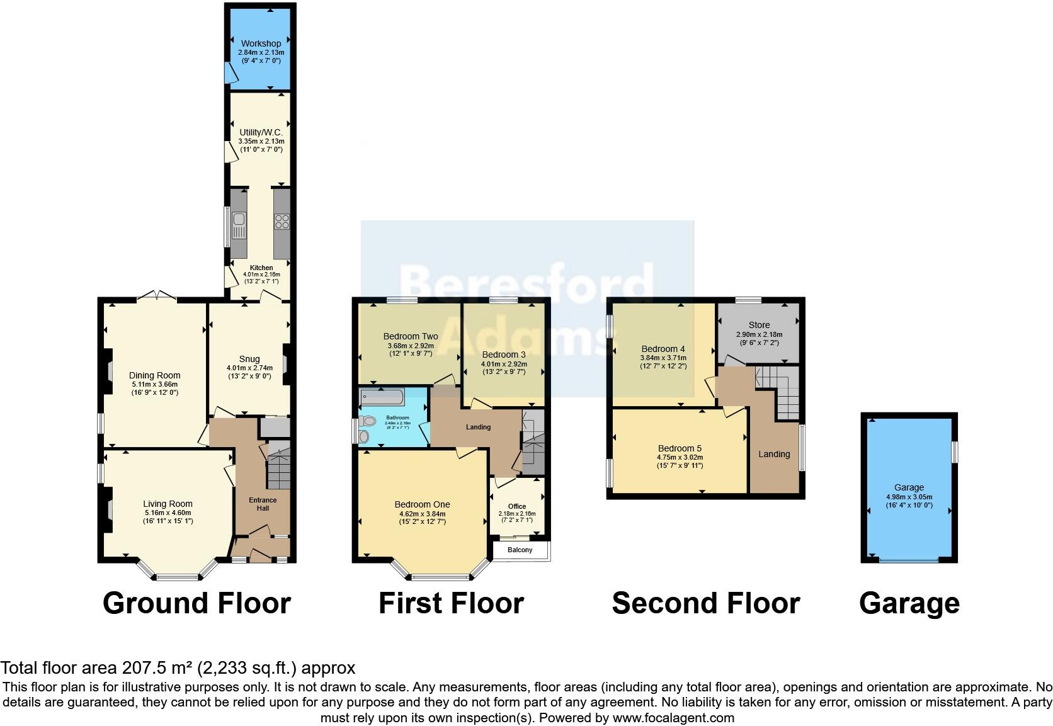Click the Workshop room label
pos(261,43)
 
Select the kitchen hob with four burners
pos(282,222)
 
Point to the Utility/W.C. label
pos(261,133)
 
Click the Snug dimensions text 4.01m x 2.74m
pos(249,368)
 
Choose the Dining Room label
pos(155,375)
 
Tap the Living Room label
pos(168,504)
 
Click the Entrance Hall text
pos(263,504)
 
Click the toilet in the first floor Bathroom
pos(365,436)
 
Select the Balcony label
pos(520,550)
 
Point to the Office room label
pos(517,506)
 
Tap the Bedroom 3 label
pos(504,354)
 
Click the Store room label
pos(759,325)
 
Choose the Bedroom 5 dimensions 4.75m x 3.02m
pos(680,457)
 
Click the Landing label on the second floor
pos(774,454)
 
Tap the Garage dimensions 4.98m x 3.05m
pos(909,496)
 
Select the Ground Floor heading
pos(196,603)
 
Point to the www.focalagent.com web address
pos(673,717)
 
